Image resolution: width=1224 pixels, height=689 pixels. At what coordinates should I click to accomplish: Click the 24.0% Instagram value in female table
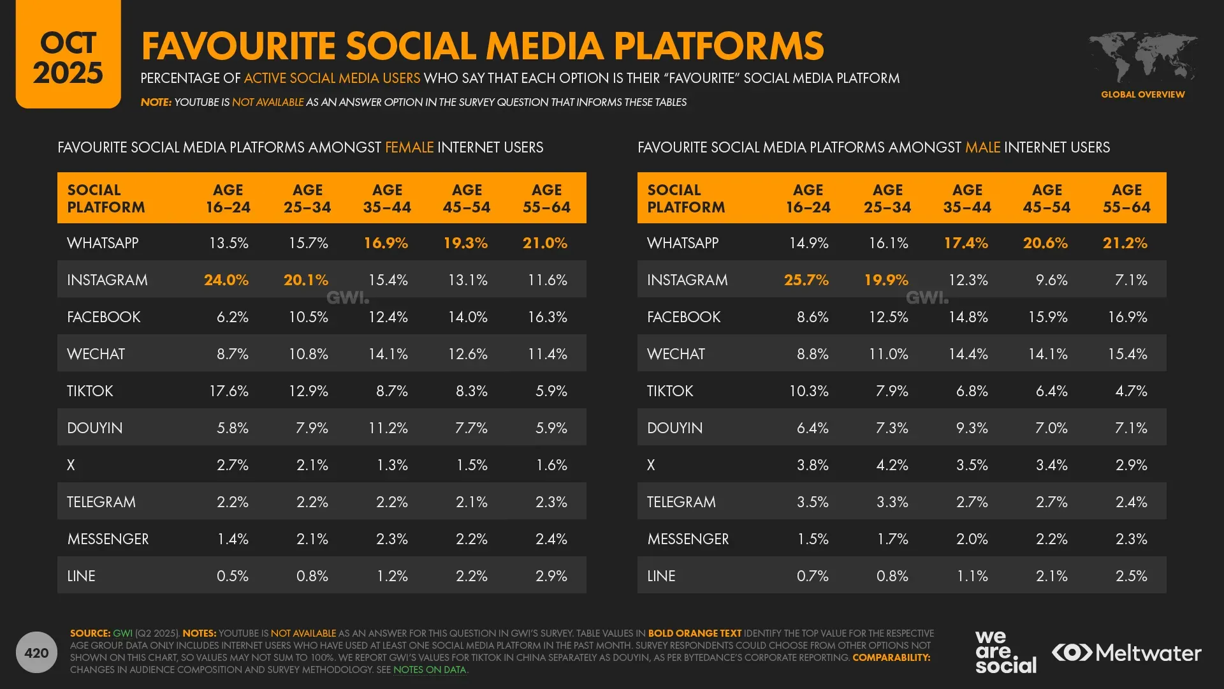(x=226, y=280)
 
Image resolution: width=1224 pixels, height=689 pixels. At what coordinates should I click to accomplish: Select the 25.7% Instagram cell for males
(x=806, y=280)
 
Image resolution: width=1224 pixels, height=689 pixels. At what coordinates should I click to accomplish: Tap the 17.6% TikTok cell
(x=229, y=391)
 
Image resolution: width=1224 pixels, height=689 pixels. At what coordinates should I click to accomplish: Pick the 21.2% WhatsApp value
(x=1125, y=243)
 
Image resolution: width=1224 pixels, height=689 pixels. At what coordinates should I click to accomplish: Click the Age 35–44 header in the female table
(x=387, y=198)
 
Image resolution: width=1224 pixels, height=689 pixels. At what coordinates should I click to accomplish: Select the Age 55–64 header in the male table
(x=1126, y=198)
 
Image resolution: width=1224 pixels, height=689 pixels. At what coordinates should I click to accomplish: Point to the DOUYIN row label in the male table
(x=674, y=428)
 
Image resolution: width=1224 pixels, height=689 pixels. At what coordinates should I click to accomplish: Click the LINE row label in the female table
(x=81, y=576)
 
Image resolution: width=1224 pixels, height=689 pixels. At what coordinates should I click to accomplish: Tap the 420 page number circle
(x=36, y=653)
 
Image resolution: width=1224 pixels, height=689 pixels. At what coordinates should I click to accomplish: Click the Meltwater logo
(x=1126, y=653)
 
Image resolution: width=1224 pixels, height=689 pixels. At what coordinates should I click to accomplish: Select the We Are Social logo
(x=1005, y=652)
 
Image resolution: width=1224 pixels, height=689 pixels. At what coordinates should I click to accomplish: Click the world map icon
(x=1142, y=57)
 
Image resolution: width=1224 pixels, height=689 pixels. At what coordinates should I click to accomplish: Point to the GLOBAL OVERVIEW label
(x=1142, y=94)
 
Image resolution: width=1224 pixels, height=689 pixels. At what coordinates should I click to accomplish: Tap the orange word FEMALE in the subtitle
(x=409, y=147)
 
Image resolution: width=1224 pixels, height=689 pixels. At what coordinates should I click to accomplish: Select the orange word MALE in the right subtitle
(x=982, y=147)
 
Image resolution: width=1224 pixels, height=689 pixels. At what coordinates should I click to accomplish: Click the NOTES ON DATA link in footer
(x=430, y=670)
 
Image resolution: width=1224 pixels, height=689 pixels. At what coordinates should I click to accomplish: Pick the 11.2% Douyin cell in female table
(x=388, y=428)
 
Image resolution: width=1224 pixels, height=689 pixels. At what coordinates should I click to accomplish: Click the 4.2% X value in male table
(x=892, y=465)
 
